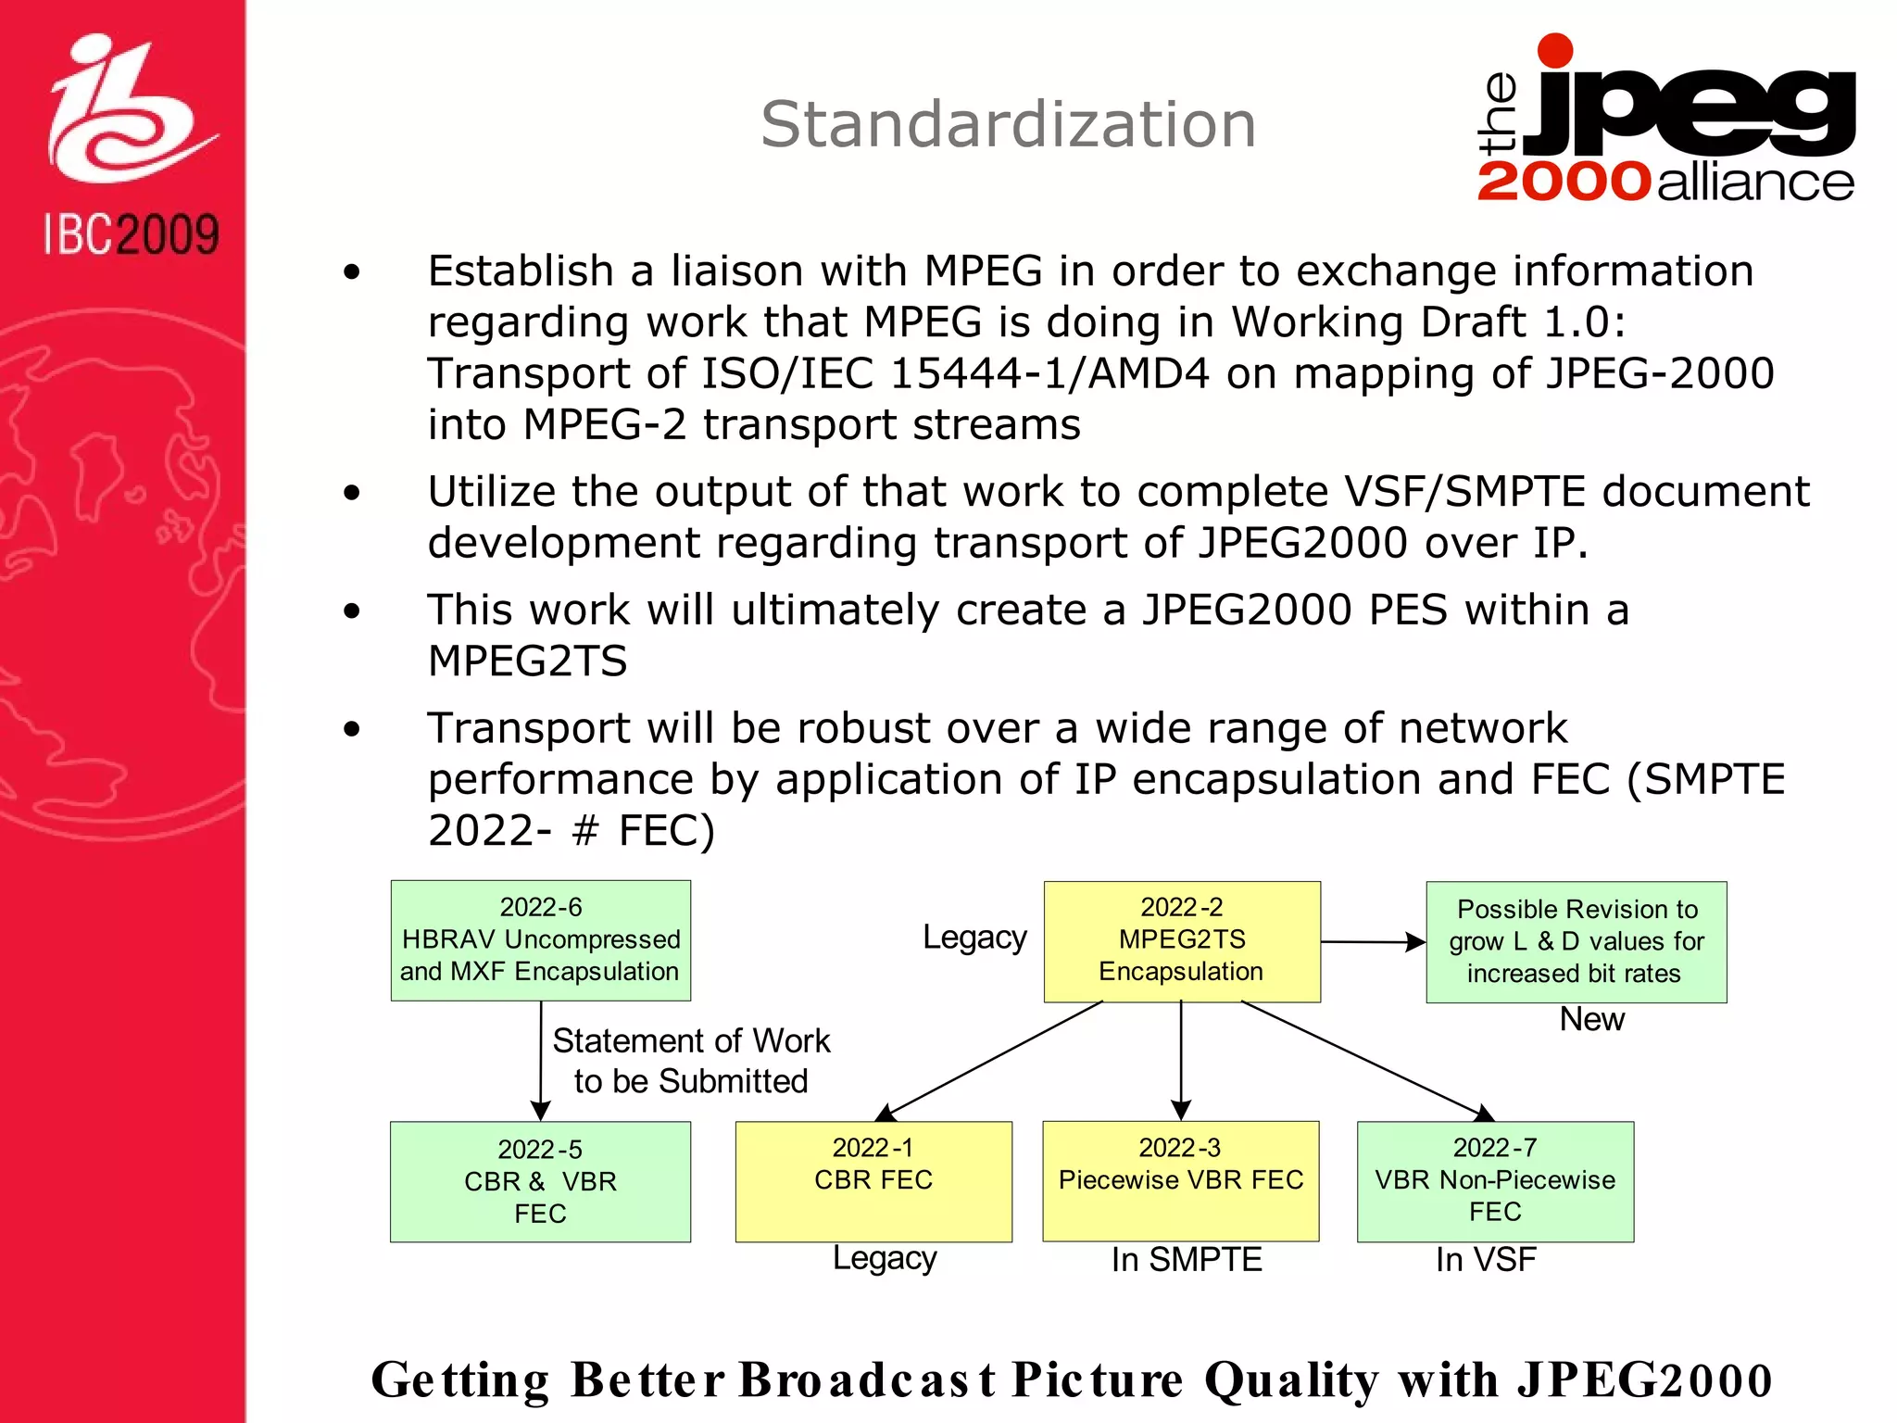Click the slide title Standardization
click(x=1008, y=124)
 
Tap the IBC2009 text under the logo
click(x=132, y=234)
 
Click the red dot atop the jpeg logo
click(x=1555, y=51)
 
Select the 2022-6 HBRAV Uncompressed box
click(x=541, y=939)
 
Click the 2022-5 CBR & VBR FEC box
click(x=541, y=1181)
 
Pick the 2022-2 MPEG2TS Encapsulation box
click(x=1182, y=940)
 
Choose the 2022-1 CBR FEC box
click(x=873, y=1181)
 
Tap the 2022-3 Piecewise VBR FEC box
click(x=1181, y=1181)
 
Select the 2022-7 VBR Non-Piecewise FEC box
click(x=1495, y=1181)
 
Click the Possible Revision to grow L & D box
click(x=1577, y=941)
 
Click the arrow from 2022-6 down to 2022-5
click(x=541, y=1061)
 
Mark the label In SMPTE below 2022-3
click(x=1187, y=1260)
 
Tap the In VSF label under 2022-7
click(x=1486, y=1260)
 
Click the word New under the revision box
click(x=1591, y=1019)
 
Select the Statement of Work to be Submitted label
click(x=691, y=1061)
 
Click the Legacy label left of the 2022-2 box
click(x=974, y=938)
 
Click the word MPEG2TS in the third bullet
click(x=527, y=661)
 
